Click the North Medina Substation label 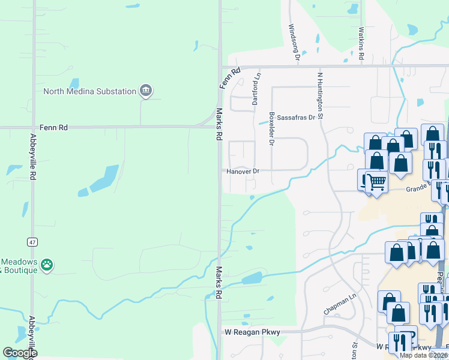coord(89,91)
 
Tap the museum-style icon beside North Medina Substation coord(145,91)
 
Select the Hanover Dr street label coord(243,172)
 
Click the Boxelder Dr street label coord(271,129)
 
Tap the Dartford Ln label coord(256,89)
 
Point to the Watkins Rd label coord(361,42)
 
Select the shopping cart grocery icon coord(376,181)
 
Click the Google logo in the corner coord(20,353)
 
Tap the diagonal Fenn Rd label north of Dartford coord(230,78)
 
